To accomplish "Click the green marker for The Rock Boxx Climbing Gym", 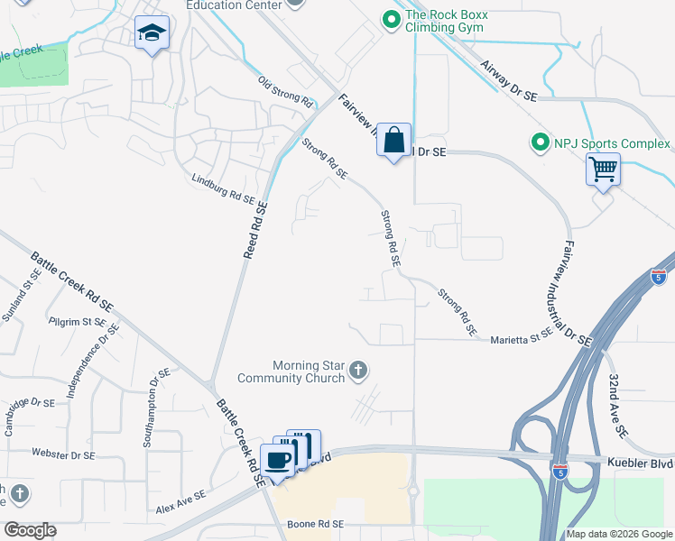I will [392, 20].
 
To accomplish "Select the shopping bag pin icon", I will [393, 141].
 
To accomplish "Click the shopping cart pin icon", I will [603, 168].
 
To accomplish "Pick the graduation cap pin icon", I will [152, 34].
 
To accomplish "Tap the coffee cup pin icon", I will [278, 459].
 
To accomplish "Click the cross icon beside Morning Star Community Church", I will [358, 370].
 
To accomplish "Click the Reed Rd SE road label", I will [255, 230].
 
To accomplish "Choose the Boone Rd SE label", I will [315, 524].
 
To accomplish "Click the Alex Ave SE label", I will [180, 501].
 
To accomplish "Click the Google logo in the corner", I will [29, 530].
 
